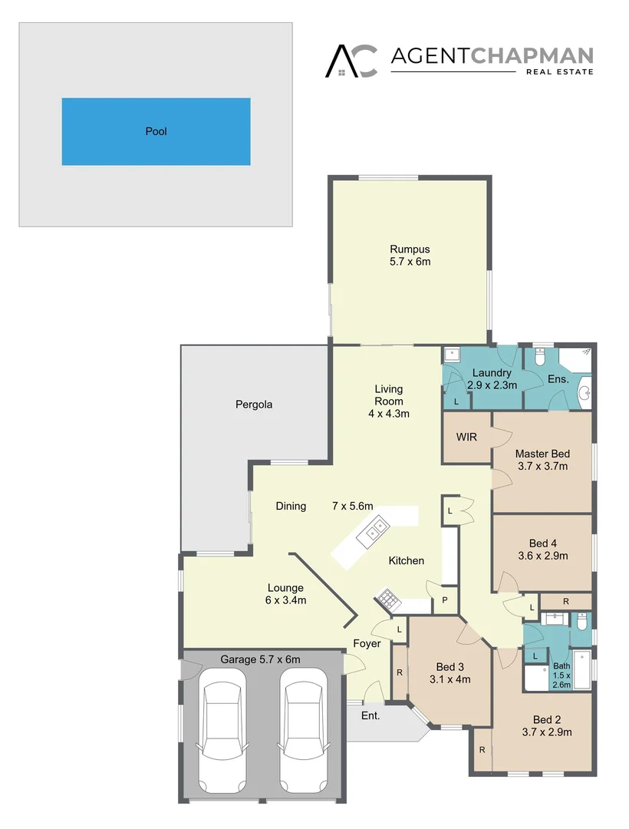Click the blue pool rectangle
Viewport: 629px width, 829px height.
point(156,131)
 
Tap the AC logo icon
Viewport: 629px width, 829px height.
point(351,61)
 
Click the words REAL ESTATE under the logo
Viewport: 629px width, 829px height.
point(559,72)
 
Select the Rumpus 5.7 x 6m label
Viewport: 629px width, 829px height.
point(410,256)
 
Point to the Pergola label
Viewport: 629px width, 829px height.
point(254,404)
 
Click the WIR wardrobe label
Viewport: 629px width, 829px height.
point(466,438)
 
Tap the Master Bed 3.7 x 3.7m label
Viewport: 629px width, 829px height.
point(542,460)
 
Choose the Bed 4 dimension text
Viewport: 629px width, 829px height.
point(542,556)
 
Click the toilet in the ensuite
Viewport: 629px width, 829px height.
point(540,358)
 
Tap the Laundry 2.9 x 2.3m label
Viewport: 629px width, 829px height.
point(491,379)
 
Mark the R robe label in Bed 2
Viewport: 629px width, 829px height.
point(481,749)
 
